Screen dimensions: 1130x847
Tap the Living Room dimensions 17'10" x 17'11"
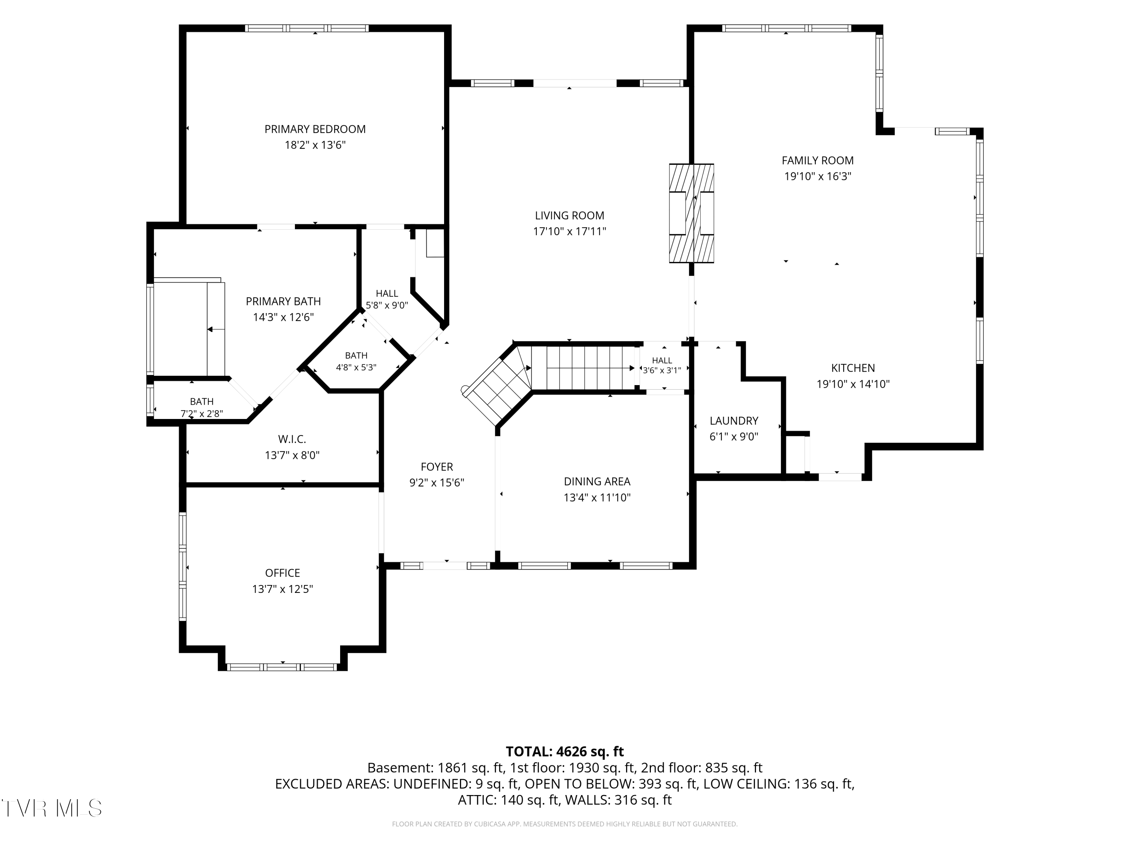point(570,231)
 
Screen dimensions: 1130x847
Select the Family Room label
point(817,160)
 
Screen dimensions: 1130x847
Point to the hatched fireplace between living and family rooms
point(691,213)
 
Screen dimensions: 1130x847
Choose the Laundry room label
point(734,421)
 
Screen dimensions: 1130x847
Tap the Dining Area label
point(597,481)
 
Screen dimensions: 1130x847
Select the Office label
point(282,573)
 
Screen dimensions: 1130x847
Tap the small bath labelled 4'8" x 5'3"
point(356,361)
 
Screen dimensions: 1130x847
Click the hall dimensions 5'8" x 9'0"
point(387,305)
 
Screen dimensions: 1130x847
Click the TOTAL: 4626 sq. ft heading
point(565,751)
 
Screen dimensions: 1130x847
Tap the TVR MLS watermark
point(51,808)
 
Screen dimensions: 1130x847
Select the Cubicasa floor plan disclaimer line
point(565,824)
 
